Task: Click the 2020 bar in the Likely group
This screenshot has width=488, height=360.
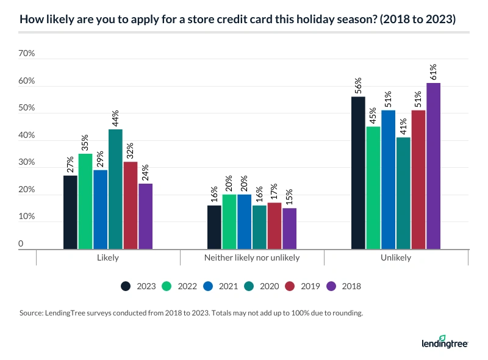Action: (115, 189)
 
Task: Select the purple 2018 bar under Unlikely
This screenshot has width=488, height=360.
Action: (433, 166)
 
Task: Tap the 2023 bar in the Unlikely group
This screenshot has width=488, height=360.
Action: (358, 173)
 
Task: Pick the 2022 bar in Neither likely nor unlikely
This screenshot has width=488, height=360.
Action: (229, 221)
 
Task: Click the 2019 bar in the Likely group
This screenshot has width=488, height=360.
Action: (131, 206)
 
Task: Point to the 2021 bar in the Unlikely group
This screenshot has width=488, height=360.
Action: (388, 179)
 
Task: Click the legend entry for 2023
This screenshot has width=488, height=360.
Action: (138, 286)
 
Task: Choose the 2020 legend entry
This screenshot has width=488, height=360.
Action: (262, 286)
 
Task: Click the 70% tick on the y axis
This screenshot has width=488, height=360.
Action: (27, 54)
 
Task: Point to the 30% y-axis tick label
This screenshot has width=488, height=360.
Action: (27, 164)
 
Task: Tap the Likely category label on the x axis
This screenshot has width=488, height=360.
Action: (108, 257)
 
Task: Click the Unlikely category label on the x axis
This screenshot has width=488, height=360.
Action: (395, 257)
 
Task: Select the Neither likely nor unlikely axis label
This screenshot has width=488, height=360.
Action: (251, 257)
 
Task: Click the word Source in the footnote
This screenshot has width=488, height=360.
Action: (32, 314)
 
